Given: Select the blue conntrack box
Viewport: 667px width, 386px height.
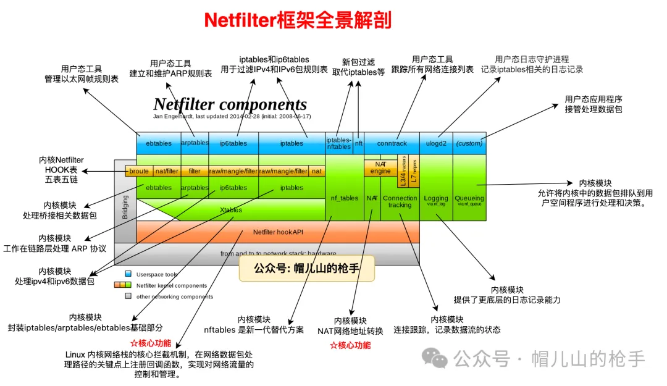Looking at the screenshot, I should pos(392,143).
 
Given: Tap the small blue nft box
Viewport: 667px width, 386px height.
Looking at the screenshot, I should pos(358,143).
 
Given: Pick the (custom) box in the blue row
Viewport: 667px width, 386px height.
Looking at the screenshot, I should pos(469,143).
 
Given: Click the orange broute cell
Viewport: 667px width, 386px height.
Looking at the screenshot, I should pos(138,171).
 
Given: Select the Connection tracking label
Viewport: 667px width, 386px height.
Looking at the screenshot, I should pos(400,201).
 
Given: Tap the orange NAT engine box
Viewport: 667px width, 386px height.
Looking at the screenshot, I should pos(380,167).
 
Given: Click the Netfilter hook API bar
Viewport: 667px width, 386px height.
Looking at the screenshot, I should pos(278,232).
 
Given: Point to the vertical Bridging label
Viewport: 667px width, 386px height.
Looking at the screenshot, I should pos(125,207).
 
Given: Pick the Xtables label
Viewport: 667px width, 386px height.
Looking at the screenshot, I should pos(231,210).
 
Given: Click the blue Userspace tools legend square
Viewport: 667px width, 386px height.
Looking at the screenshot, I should pos(128,274).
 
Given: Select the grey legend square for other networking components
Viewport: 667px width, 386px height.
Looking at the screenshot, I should pos(128,296).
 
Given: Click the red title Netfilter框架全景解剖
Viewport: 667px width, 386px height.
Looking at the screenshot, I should pos(298,20).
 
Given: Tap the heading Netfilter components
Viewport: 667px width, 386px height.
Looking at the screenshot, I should pos(230,104).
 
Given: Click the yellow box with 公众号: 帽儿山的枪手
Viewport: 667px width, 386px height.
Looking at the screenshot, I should pos(306,269).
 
